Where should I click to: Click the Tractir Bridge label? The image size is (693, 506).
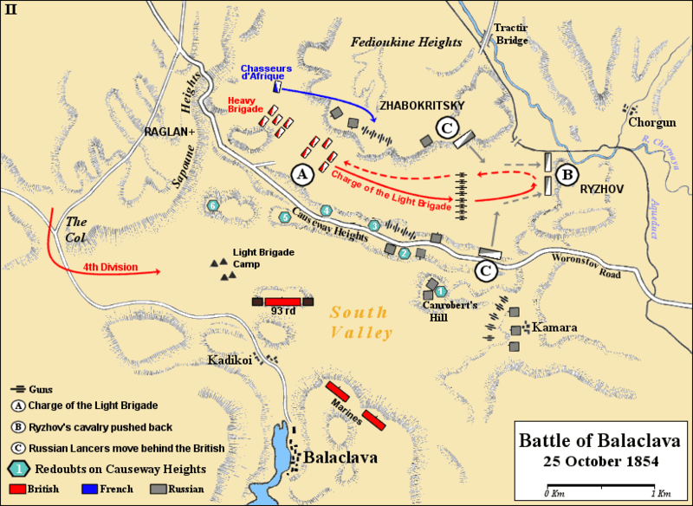[510, 33]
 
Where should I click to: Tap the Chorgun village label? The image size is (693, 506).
[652, 124]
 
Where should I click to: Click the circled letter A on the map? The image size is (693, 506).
[302, 173]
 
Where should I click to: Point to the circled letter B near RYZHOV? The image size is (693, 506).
[568, 174]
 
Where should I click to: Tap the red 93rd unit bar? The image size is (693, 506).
[282, 301]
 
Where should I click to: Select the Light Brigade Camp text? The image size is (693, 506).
[263, 257]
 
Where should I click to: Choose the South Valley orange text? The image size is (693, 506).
[361, 323]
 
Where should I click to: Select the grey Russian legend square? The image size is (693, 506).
[155, 490]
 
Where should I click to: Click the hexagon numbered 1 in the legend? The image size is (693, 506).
[14, 469]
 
